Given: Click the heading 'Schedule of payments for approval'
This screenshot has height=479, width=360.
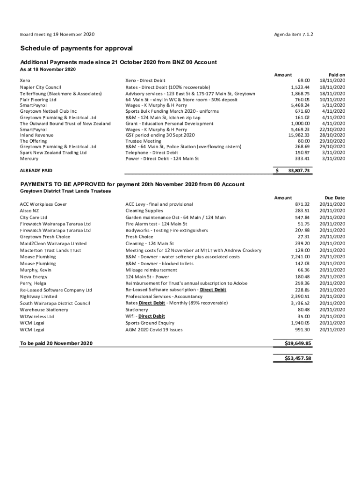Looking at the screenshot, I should [x=76, y=48].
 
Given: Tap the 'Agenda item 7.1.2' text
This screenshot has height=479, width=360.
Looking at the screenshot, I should [x=293, y=35].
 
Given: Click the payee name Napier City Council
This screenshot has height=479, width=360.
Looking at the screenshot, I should [x=41, y=87].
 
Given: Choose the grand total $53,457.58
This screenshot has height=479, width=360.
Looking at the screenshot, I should [x=298, y=359].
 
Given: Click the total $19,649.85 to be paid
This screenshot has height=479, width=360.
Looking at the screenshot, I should [x=298, y=343].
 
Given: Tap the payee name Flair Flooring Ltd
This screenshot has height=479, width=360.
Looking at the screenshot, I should [x=38, y=100].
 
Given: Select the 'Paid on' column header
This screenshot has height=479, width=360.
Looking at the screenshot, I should [x=337, y=75].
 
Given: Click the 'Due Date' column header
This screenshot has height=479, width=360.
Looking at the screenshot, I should [x=335, y=198].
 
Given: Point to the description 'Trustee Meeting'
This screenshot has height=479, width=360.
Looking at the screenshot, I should [x=143, y=141].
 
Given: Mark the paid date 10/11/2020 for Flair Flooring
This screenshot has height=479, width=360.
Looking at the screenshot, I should [x=332, y=100].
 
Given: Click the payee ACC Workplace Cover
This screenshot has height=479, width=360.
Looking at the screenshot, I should [x=43, y=204].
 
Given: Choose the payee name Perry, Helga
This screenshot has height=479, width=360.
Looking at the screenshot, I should [x=33, y=283].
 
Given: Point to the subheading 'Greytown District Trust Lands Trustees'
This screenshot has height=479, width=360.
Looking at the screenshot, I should [x=65, y=191].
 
